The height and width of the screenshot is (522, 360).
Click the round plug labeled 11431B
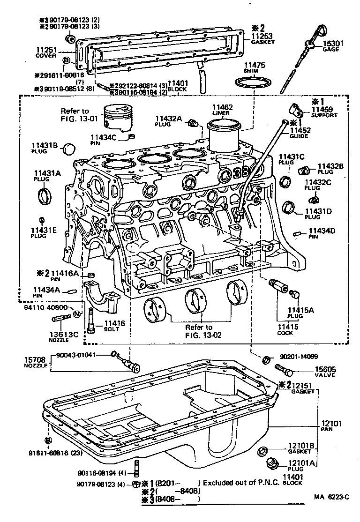tap(69, 149)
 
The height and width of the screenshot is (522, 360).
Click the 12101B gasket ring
tap(263, 451)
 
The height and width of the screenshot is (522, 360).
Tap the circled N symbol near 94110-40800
tap(77, 313)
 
